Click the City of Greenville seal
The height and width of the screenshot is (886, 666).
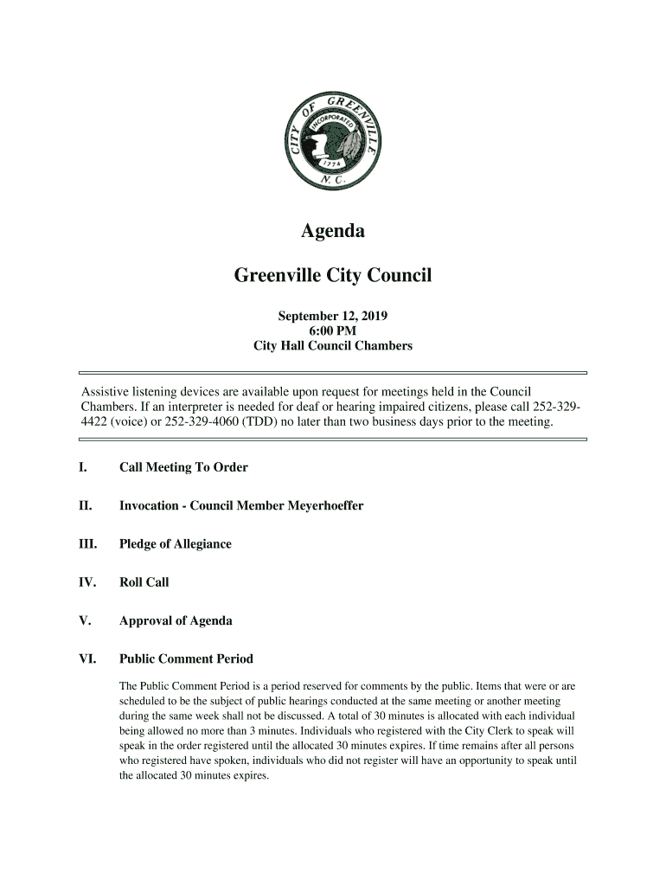pos(333,144)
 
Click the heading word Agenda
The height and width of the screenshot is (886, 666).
pos(333,232)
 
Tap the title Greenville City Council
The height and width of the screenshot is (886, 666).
pos(333,276)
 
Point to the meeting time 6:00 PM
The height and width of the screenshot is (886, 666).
pos(333,331)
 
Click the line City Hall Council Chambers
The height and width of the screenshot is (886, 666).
pos(333,346)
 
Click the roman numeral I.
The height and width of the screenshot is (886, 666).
pos(81,468)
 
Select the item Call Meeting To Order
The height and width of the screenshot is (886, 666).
pos(183,468)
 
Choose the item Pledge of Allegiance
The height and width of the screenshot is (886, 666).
pos(176,544)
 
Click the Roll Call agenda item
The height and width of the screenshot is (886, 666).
pos(144,582)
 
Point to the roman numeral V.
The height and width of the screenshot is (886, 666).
pos(83,621)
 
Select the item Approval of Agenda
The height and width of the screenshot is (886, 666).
pos(176,621)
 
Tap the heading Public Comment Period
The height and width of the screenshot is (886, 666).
pos(186,659)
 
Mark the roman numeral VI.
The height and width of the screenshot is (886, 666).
pos(86,659)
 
